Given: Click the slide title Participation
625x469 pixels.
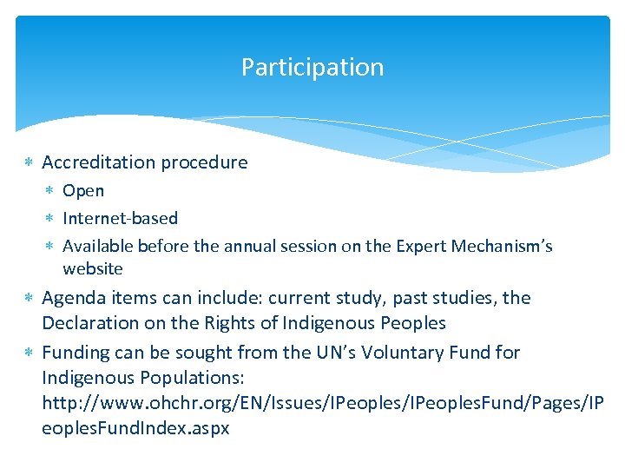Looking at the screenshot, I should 312,68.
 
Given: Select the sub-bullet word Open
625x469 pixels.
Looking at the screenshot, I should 83,191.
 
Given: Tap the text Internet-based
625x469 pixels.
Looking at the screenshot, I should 120,219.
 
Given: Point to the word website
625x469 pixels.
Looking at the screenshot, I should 93,269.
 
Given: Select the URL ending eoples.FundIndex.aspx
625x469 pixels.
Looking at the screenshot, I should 135,429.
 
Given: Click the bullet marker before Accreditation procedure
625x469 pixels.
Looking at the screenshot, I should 29,163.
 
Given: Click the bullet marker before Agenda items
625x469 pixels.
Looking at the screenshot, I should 29,299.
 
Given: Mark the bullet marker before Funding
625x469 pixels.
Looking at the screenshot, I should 29,353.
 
